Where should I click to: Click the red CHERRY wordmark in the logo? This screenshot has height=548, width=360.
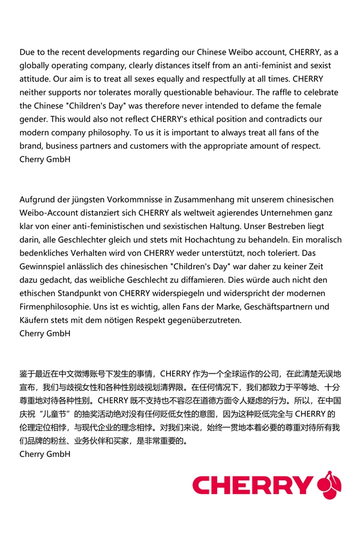pos(252,485)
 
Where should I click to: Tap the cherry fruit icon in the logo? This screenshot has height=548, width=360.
pos(329,484)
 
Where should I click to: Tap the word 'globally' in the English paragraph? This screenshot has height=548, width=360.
pos(35,65)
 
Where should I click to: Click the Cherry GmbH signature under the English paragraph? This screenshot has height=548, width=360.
pos(45,159)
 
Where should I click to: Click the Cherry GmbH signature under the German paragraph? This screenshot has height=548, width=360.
pos(45,333)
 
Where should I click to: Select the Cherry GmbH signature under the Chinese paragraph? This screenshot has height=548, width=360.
pos(45,454)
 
